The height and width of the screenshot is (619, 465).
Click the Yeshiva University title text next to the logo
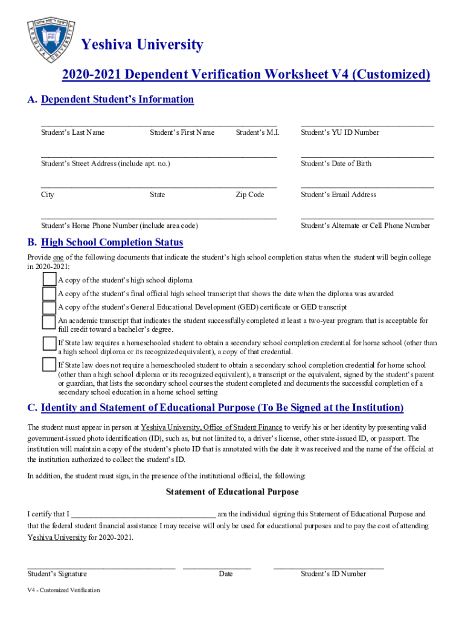point(142,45)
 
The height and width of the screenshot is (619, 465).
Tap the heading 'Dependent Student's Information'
point(117,99)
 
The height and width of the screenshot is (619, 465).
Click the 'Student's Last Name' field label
point(72,132)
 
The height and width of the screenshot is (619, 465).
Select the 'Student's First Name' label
point(182,132)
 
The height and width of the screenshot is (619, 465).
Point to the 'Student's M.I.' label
point(257,132)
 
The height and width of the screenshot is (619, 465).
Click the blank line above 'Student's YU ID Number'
point(367,124)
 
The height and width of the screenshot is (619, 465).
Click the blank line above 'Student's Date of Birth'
point(367,155)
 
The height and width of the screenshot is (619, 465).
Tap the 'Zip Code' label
point(249,195)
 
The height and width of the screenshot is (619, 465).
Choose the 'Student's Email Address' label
point(338,195)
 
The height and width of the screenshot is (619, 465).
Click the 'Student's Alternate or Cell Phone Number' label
point(365,226)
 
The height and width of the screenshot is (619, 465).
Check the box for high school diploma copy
point(49,280)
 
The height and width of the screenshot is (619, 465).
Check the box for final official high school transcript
point(49,294)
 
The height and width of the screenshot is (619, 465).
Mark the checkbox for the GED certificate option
point(49,308)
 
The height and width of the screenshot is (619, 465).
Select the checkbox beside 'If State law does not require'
point(49,365)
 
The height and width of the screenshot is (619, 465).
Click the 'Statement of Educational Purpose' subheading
point(232,492)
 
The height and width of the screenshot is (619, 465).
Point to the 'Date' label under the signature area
point(225,574)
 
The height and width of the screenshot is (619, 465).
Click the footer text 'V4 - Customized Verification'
point(63,590)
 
